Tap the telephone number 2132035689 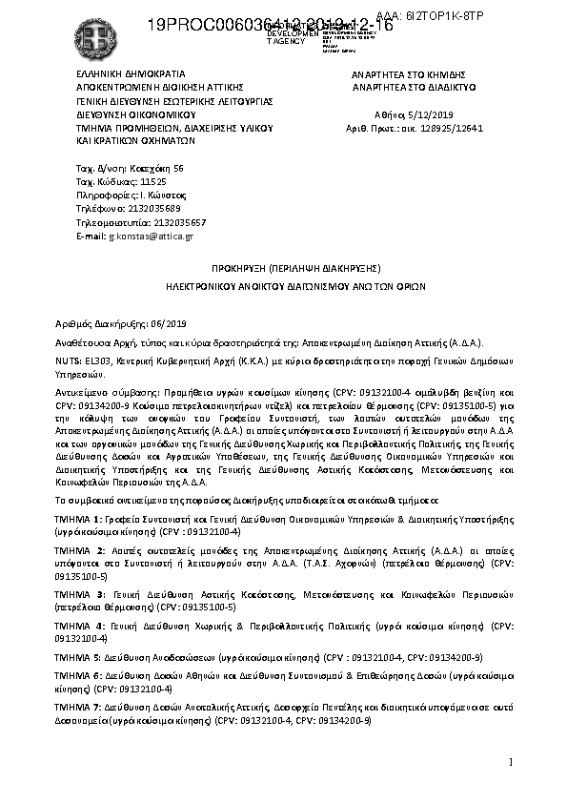[x=146, y=207]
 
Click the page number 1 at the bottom [x=512, y=761]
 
